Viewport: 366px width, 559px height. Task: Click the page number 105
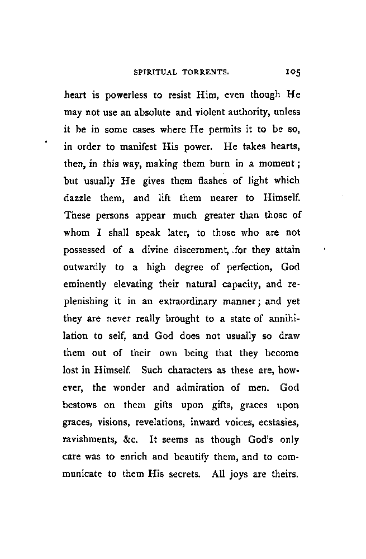(293, 72)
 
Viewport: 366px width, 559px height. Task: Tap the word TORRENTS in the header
(205, 72)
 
